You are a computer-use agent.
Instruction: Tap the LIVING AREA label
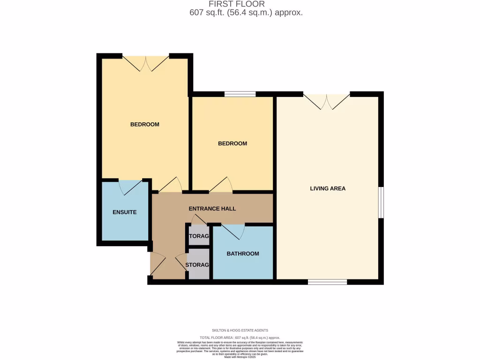328,188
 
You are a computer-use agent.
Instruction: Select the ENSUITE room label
125,212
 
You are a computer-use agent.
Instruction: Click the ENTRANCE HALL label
212,209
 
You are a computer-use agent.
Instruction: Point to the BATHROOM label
243,254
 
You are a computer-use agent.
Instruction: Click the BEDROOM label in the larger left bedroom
144,124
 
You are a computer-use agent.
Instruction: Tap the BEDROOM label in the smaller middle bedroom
232,143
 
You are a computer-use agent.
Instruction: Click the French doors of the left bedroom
146,62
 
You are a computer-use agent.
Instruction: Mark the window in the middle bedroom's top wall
240,94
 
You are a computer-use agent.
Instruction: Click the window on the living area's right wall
381,202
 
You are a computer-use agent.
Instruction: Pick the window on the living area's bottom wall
327,282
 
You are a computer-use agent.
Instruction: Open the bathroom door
233,230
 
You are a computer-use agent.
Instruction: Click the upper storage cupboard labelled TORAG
198,236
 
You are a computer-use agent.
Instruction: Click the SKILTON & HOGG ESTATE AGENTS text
240,330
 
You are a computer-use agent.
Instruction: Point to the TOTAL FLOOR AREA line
240,337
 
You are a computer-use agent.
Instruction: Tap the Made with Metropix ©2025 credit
240,357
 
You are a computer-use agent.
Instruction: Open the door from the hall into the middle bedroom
220,186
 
